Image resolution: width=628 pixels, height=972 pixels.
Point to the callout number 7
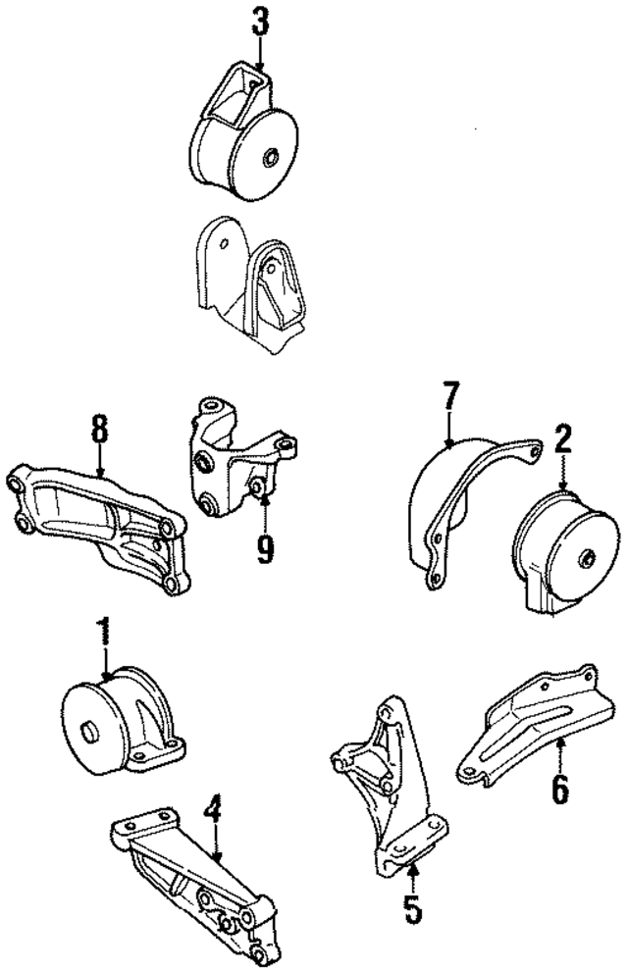point(448,399)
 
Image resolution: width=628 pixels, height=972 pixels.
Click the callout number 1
point(101,629)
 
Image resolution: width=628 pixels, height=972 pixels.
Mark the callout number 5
point(413,908)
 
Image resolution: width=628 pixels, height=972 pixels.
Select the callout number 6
point(559,787)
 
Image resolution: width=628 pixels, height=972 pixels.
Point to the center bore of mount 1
point(87,731)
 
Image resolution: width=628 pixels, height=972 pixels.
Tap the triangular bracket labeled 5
point(388,785)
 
